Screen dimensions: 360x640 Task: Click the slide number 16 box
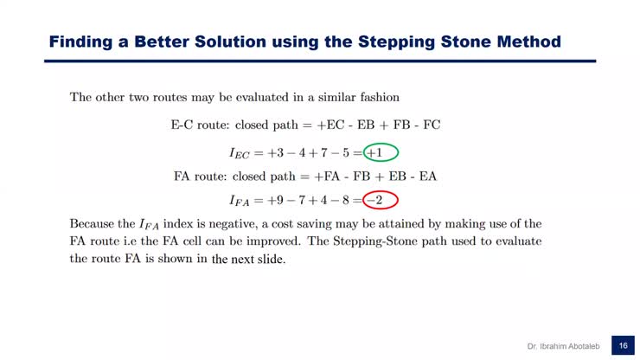[622, 345]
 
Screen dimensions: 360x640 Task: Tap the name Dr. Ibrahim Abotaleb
[566, 346]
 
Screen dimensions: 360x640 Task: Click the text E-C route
[201, 125]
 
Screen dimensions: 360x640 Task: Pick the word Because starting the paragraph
[95, 224]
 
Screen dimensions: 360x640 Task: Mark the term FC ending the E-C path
[432, 125]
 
